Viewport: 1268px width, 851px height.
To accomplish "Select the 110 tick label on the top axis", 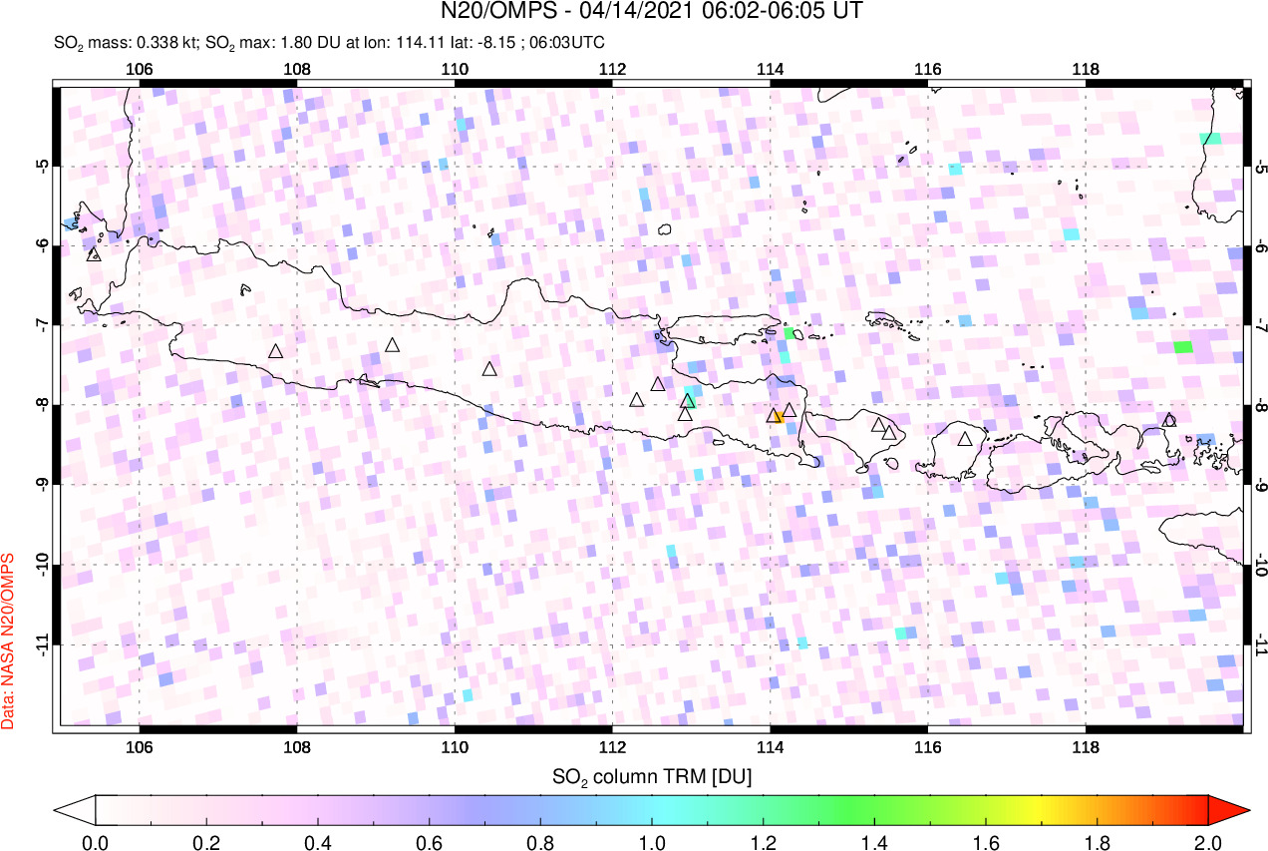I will [455, 69].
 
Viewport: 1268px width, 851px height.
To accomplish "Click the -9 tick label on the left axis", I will [41, 485].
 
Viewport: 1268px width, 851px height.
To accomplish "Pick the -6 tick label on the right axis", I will [1259, 245].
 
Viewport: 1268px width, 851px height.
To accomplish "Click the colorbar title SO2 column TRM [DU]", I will [652, 775].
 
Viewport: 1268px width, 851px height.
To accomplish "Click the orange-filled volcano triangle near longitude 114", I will [774, 415].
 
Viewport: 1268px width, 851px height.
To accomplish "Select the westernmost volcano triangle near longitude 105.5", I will [95, 254].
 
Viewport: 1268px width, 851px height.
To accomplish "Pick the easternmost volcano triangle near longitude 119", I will [1169, 420].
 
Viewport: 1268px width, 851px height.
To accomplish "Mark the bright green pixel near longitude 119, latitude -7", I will [1182, 347].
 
